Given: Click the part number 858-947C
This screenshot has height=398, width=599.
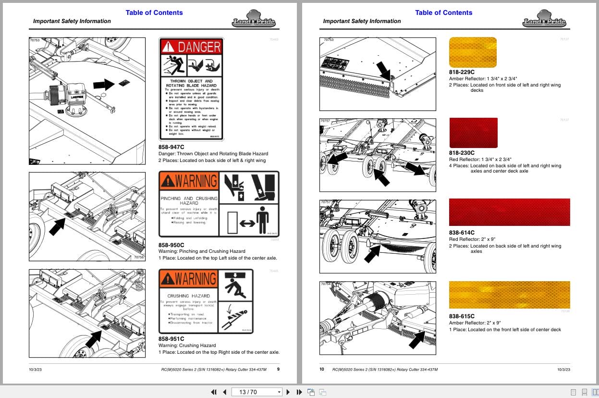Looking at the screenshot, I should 171,147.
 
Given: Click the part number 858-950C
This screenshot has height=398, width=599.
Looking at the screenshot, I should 171,245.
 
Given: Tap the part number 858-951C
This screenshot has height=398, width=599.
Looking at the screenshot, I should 171,339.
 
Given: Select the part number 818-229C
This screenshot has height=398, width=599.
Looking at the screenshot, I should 462,72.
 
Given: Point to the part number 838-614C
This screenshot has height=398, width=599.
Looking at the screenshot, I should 462,233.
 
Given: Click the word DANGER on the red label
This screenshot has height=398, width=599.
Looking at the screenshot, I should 199,47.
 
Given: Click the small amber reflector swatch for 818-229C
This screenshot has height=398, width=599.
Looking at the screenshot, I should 473,52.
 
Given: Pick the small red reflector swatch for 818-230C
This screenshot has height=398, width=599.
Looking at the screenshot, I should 473,133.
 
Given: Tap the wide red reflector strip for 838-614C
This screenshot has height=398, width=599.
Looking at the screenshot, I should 509,212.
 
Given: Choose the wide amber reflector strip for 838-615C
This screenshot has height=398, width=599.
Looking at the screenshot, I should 509,295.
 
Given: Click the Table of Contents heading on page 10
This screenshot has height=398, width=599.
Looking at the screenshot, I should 443,12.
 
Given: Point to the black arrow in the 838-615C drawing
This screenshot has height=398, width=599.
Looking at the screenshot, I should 417,339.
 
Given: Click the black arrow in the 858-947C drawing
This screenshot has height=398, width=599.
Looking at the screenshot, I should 104,85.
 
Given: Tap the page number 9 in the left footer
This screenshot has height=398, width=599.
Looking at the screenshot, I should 278,369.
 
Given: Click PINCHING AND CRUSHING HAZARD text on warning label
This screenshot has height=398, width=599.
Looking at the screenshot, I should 189,200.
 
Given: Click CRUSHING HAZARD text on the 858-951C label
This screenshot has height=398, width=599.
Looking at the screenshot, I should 188,296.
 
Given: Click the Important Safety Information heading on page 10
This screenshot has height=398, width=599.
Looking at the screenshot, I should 362,21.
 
